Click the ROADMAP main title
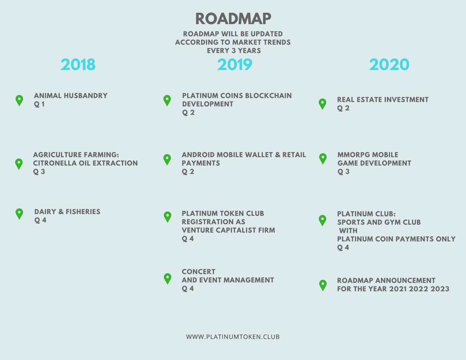(x=233, y=19)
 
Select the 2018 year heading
(x=78, y=64)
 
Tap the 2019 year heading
(x=234, y=64)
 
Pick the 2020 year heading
(x=389, y=64)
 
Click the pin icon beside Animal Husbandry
(x=19, y=101)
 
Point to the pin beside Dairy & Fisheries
(x=19, y=214)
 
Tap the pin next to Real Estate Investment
(x=323, y=104)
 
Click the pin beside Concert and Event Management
(x=168, y=279)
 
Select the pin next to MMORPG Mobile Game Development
(x=323, y=159)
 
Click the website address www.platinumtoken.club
(x=233, y=337)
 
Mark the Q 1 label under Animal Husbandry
(x=39, y=104)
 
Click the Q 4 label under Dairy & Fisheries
(x=40, y=220)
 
